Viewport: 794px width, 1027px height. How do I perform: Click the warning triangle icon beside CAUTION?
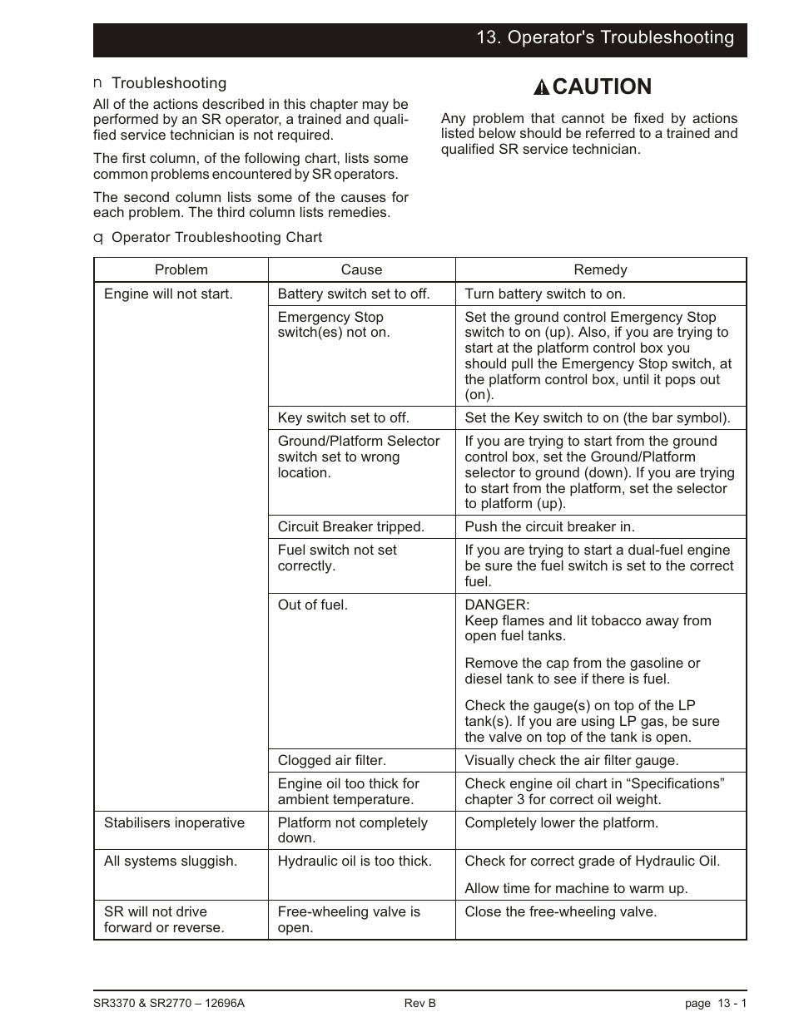point(541,87)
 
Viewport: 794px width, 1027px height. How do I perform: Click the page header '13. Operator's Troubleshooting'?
point(605,37)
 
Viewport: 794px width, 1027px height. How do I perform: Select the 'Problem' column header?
point(181,269)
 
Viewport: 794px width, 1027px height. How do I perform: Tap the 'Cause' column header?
point(361,269)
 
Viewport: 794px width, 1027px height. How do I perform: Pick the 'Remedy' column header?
point(600,269)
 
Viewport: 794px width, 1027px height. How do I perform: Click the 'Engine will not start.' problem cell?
point(168,294)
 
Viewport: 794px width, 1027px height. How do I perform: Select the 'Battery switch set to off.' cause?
point(353,294)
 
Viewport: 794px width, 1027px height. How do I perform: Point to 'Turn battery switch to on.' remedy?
point(545,294)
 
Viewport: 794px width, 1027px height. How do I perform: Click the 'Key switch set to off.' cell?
point(343,417)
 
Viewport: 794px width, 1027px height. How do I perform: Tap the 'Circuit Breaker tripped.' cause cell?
point(350,526)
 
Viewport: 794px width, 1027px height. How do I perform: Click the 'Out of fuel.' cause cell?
point(312,605)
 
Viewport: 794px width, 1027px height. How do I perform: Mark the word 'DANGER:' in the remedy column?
point(497,605)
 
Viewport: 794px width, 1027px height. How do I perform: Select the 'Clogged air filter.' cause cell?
point(331,760)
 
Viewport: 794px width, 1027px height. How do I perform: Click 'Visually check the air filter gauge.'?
point(571,760)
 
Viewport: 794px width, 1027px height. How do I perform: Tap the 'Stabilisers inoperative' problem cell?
point(174,822)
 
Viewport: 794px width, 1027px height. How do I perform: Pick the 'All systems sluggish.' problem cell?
point(170,861)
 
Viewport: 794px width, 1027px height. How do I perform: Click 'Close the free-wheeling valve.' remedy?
point(560,911)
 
